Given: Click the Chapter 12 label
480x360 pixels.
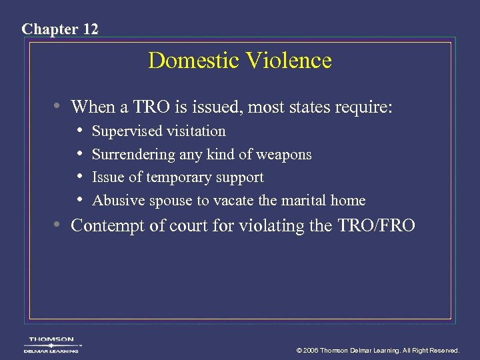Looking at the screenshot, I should (60, 29).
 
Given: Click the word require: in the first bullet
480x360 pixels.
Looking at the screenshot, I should (367, 107).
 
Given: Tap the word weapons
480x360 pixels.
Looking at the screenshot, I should (285, 155).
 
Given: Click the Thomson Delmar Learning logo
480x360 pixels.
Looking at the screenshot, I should (51, 345).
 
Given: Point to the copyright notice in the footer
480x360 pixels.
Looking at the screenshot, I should (378, 350).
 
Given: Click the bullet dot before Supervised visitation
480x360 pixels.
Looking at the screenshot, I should (80, 131).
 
